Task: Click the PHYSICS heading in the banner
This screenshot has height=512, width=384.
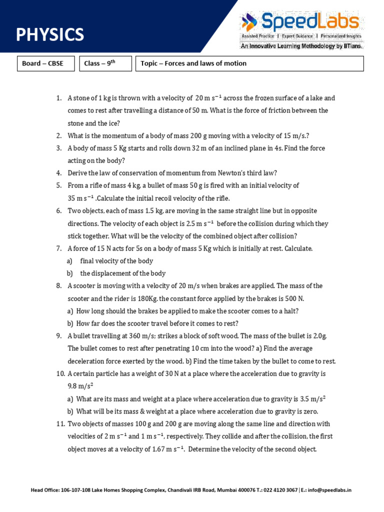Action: (x=50, y=35)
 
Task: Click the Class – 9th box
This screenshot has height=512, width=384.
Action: (x=105, y=63)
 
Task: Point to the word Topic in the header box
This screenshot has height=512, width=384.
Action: (x=149, y=63)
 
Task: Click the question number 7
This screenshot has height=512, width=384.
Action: (x=58, y=248)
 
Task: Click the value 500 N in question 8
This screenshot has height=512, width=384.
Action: (x=293, y=298)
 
